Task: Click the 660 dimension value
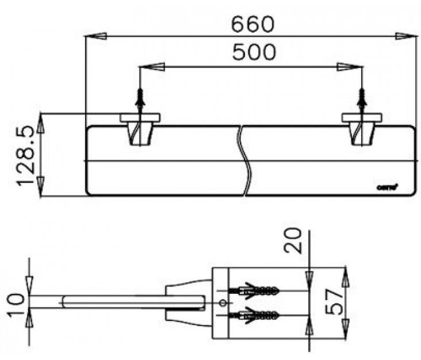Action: click(253, 24)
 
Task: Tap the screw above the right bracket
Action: click(362, 98)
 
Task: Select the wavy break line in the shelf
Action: click(244, 161)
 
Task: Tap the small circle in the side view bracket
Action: click(223, 303)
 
